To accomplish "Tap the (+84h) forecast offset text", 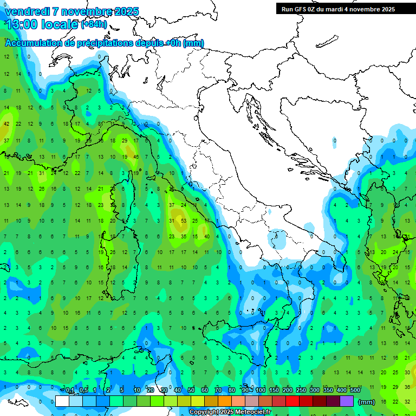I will point(94,24).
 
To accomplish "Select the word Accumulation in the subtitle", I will point(34,43).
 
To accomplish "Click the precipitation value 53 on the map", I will point(184,221).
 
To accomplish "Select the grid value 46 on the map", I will point(136,157).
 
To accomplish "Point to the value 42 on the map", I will point(6,124).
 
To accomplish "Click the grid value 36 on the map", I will point(407,387).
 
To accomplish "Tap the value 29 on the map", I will point(125,141).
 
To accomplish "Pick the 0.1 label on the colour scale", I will point(70,391).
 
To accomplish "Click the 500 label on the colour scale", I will point(355,391).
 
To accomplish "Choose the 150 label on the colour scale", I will point(274,391).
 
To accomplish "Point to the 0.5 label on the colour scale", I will point(83,391).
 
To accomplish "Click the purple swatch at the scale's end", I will point(347,401).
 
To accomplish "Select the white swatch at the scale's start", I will point(62,401).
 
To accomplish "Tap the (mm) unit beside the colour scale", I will point(367,402).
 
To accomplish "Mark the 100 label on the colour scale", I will point(261,391).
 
